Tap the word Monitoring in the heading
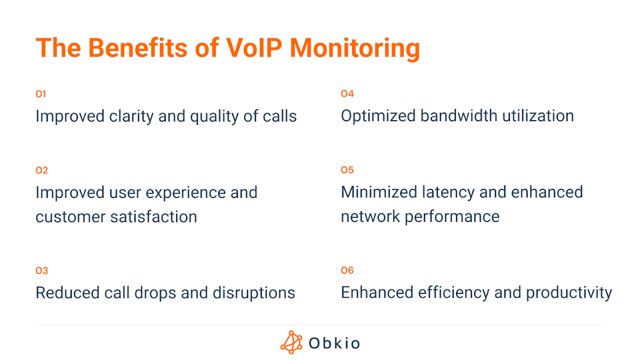coord(355,49)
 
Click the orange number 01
coord(41,94)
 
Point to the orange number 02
coord(42,171)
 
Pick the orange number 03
coord(42,271)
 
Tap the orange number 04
coord(347,94)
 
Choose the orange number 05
coord(347,170)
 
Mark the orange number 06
coord(347,270)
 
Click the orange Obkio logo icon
coord(291,342)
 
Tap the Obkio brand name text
coord(334,343)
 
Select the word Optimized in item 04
coord(378,116)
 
